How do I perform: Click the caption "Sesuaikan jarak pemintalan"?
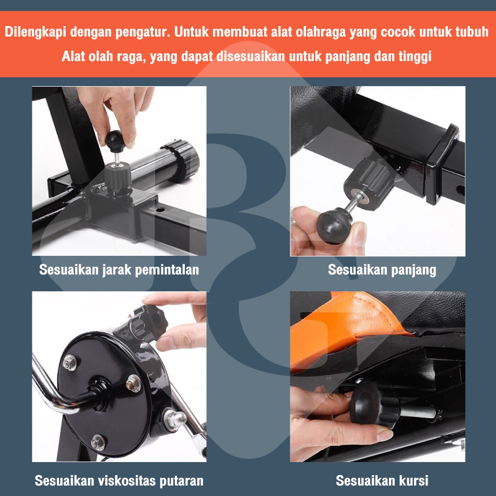(x=119, y=270)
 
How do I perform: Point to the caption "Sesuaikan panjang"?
(x=382, y=270)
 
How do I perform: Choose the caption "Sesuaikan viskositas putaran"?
(x=119, y=481)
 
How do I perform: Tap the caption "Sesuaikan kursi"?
(x=382, y=480)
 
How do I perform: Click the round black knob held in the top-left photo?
(x=115, y=141)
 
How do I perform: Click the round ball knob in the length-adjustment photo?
(x=334, y=225)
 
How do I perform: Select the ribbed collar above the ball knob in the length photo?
(x=369, y=183)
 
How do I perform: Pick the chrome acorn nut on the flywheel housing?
(x=174, y=419)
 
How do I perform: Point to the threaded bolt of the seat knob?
(x=419, y=412)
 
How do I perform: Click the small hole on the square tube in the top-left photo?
(x=160, y=209)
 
